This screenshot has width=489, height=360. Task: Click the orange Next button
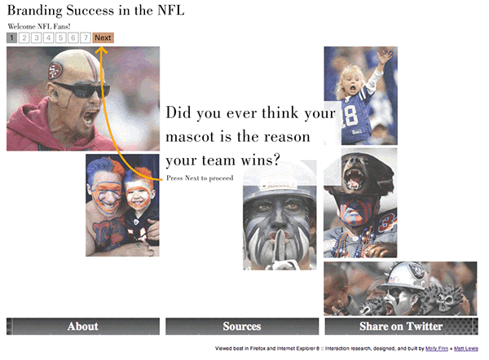[103, 37]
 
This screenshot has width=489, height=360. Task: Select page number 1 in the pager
[11, 37]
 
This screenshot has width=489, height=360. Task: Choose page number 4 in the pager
[48, 37]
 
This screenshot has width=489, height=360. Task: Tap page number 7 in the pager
[85, 37]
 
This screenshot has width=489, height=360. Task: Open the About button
[83, 327]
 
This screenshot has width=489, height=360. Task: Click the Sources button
[242, 327]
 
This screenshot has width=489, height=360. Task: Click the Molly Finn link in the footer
[437, 349]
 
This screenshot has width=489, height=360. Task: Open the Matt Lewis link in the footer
[466, 349]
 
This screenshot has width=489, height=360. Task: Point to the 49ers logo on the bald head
[55, 71]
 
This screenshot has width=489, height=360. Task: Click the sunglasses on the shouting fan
[81, 90]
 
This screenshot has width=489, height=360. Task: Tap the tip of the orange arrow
[100, 47]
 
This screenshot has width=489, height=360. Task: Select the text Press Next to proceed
[200, 178]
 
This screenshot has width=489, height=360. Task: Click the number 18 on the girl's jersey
[350, 116]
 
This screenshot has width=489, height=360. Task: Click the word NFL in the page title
[171, 11]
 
